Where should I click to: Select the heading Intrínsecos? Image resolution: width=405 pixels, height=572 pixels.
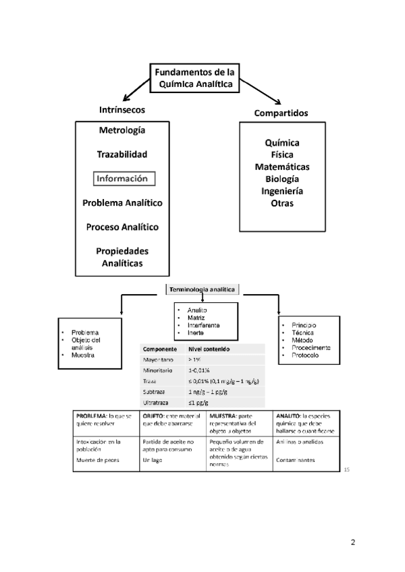[122, 109]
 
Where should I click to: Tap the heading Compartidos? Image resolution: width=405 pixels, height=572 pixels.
[281, 113]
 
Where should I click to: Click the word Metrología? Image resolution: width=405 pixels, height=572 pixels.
[122, 130]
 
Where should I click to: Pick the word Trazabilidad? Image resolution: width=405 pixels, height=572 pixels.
[122, 154]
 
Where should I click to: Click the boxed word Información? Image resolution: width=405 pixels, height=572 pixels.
[124, 179]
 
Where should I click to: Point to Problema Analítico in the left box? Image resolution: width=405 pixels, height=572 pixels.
[122, 202]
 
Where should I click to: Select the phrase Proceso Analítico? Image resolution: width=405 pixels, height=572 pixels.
[122, 227]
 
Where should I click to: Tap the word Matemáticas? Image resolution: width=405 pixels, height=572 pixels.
[282, 167]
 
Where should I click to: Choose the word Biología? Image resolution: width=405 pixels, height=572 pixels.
[282, 179]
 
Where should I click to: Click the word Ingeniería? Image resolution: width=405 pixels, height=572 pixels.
[282, 191]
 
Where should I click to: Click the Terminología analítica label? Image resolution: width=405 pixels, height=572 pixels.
[203, 289]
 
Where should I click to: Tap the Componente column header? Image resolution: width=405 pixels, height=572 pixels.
[160, 349]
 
